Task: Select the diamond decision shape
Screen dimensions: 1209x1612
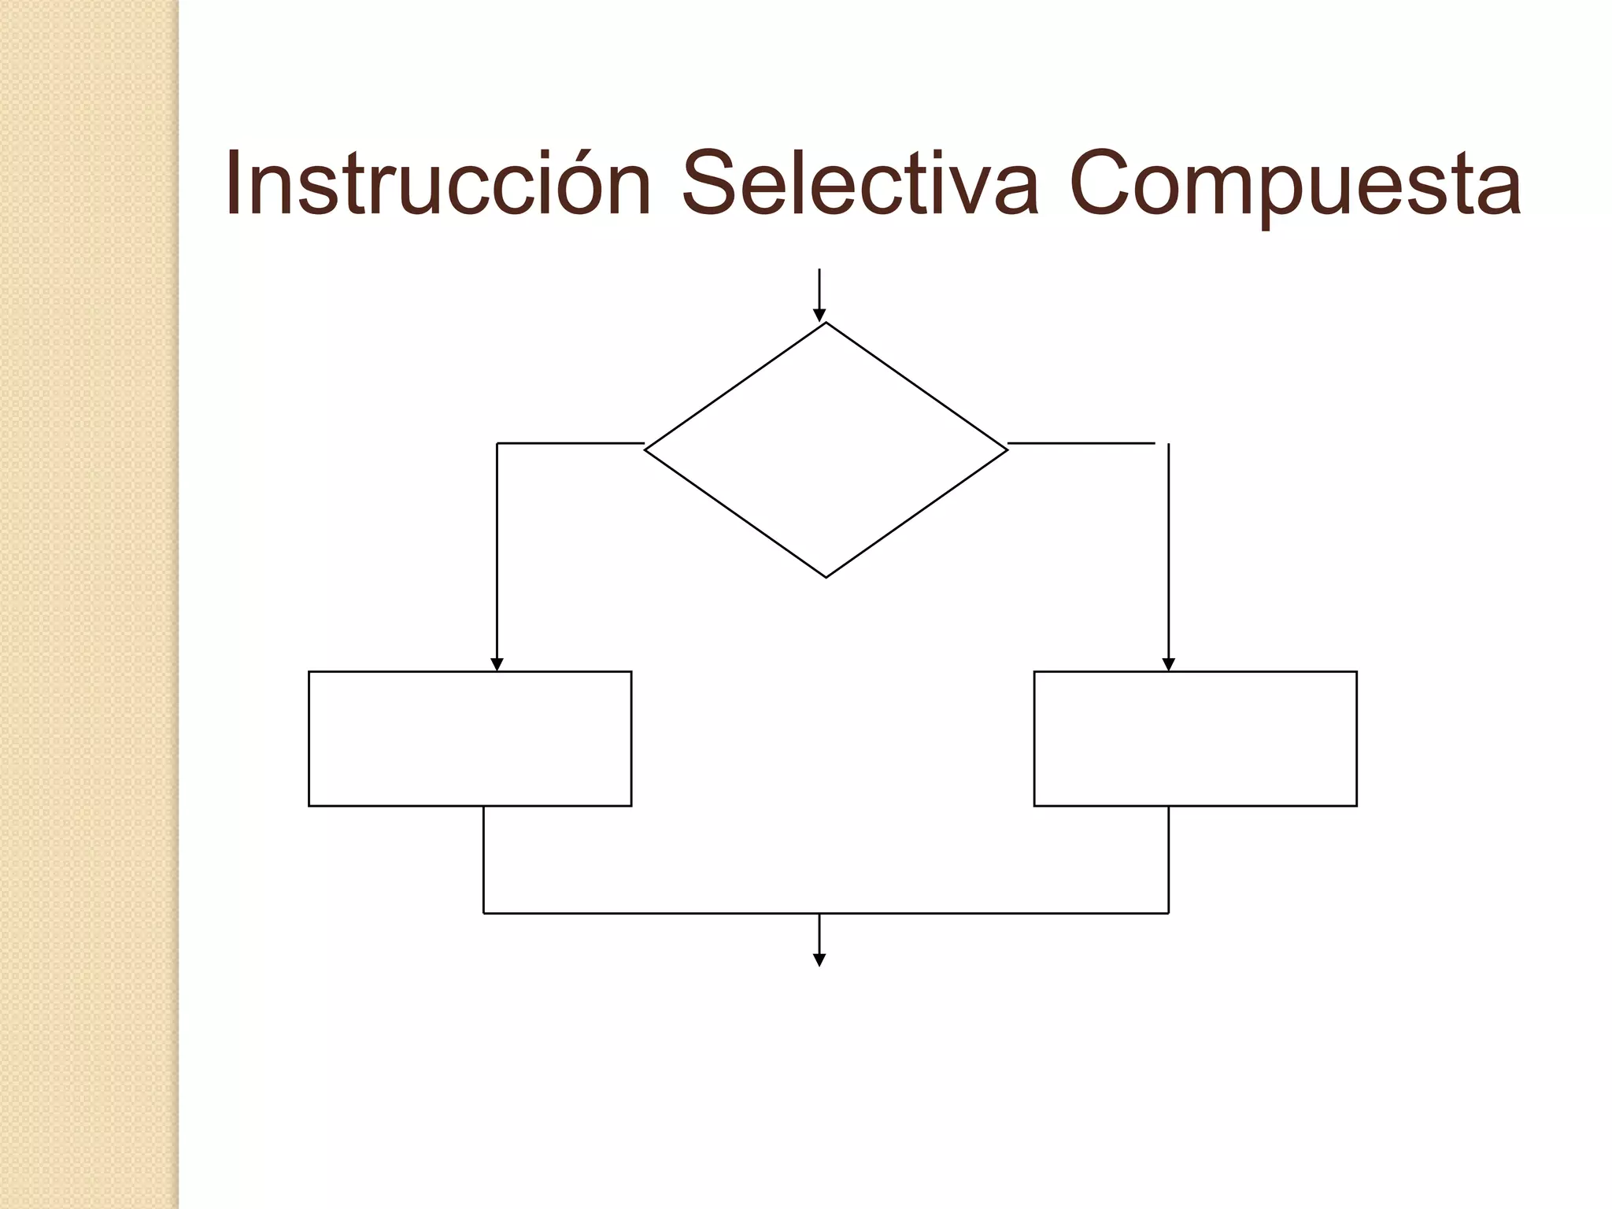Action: tap(826, 450)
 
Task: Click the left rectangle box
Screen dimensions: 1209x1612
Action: tap(470, 738)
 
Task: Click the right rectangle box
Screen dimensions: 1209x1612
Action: tap(1195, 738)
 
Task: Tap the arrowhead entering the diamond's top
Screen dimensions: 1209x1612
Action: tap(819, 316)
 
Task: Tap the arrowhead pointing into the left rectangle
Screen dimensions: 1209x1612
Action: tap(497, 664)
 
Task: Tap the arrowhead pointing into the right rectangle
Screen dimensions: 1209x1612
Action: tap(1168, 664)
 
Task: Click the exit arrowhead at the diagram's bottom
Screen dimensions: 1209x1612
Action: tap(819, 959)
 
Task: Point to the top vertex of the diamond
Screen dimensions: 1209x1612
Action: tap(826, 324)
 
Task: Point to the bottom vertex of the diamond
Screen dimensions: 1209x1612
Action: tap(826, 577)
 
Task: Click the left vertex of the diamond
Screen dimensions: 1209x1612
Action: tap(646, 449)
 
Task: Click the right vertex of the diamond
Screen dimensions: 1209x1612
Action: tap(1007, 449)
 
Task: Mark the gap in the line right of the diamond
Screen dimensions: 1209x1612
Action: tap(1162, 444)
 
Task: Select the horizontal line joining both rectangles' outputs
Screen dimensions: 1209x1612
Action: tap(826, 913)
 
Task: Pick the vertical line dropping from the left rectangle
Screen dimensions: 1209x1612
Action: tap(483, 860)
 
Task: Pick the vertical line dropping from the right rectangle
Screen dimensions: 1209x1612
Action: tap(1168, 860)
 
